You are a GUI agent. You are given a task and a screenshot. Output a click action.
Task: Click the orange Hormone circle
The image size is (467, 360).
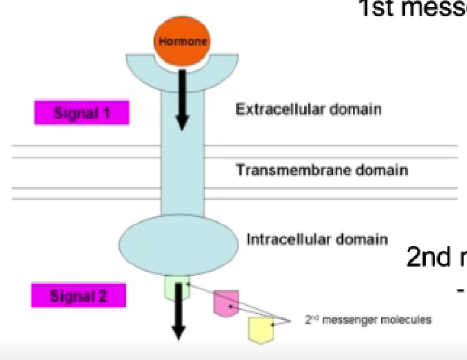[182, 40]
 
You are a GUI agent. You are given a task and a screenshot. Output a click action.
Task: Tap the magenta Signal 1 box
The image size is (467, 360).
[82, 112]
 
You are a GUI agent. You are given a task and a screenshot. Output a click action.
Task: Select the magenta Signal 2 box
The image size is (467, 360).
[79, 296]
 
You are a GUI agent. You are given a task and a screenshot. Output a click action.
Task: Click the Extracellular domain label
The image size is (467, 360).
[308, 109]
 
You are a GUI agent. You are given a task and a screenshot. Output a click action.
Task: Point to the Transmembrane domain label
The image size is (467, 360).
[322, 169]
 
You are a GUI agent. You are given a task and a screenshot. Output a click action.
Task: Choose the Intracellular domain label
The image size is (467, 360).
[317, 239]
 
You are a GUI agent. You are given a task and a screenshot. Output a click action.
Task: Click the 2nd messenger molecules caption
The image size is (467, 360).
[369, 319]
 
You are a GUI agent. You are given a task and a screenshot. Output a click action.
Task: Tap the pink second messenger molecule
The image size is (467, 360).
[224, 303]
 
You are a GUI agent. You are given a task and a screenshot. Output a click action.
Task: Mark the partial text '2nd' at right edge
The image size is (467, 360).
[429, 256]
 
